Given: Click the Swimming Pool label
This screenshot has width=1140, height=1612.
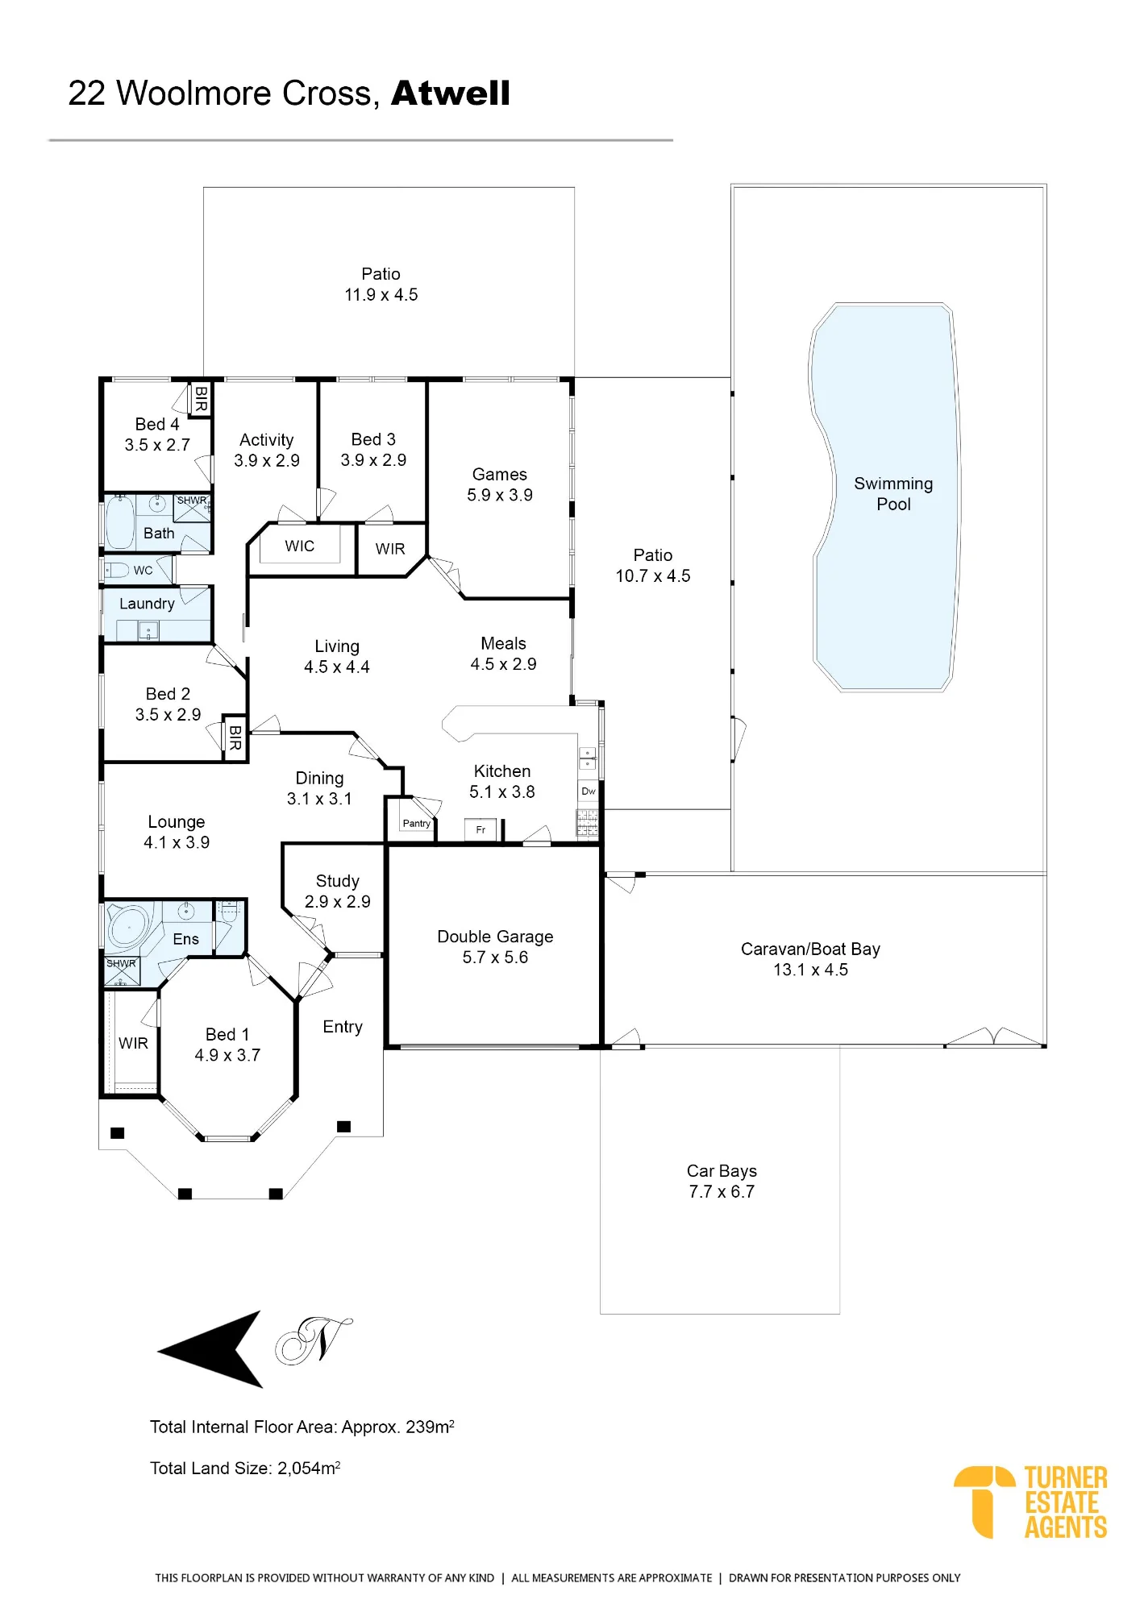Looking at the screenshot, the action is tap(893, 493).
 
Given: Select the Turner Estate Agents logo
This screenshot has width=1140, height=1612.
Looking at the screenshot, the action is tap(1030, 1502).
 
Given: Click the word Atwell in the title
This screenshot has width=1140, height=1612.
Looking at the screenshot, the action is tap(451, 93).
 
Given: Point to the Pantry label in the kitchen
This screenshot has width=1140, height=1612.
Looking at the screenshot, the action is tap(416, 823).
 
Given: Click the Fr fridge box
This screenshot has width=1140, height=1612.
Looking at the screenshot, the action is tap(481, 829).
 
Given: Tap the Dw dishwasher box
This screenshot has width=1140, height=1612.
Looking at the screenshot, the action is tap(589, 791).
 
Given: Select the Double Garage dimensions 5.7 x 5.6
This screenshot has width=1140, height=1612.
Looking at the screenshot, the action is tap(495, 958).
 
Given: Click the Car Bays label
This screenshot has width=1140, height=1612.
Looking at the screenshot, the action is tap(722, 1170).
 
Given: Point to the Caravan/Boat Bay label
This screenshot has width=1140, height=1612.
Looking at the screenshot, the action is tap(810, 949).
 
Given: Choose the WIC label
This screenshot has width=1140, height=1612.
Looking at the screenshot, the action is tap(299, 546).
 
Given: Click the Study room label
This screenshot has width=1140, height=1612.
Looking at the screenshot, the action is tap(337, 881).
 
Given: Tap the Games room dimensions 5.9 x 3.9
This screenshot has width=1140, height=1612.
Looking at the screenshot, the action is tap(500, 495).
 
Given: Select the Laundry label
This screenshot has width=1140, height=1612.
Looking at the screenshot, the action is tap(147, 604).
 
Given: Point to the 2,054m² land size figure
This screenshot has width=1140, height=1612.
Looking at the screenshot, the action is tap(309, 1468).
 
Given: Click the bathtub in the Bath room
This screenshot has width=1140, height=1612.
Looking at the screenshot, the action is tap(120, 523).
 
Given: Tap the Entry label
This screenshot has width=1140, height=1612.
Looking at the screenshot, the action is tap(343, 1027).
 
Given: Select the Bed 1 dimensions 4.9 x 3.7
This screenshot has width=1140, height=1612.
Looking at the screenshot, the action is tap(227, 1055).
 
